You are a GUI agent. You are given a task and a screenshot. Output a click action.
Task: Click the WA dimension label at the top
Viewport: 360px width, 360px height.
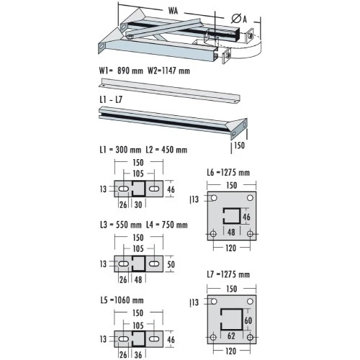[173, 11]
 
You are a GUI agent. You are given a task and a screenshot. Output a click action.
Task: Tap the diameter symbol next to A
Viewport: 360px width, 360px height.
[236, 19]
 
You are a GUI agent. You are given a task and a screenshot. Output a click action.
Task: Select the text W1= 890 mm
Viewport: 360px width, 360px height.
[121, 71]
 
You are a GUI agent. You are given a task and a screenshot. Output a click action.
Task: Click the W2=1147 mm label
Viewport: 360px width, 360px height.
[168, 71]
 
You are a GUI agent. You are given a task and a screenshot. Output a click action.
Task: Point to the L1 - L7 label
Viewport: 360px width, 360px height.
[111, 99]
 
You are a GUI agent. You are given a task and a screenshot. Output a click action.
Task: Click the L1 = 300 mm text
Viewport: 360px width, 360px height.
[120, 150]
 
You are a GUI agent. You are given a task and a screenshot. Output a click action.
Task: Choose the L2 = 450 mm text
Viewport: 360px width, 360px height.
[166, 150]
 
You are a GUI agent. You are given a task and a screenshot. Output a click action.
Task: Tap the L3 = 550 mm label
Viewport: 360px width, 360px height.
[120, 225]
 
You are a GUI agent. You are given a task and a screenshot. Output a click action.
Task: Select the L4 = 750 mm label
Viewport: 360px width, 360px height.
[167, 225]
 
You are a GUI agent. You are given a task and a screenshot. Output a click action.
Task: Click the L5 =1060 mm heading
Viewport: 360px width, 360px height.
[122, 300]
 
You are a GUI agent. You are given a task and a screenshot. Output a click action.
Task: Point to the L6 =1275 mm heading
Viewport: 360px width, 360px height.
[228, 172]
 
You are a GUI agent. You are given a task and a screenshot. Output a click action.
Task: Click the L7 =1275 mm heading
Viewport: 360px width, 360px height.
[228, 274]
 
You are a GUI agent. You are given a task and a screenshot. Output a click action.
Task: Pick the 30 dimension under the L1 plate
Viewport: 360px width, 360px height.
[138, 204]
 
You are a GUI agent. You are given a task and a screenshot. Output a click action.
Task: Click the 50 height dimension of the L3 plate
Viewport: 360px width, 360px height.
[171, 264]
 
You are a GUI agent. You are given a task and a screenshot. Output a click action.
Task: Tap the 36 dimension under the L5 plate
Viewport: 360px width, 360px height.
[138, 355]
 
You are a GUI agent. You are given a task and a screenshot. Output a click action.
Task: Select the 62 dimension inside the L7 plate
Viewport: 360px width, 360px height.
[231, 336]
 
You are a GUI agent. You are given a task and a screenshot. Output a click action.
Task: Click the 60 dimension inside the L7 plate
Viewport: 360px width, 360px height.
[248, 320]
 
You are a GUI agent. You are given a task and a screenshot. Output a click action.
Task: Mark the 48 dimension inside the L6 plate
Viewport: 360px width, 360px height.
[231, 233]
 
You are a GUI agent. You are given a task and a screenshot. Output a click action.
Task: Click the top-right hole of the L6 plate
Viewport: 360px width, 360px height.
[250, 198]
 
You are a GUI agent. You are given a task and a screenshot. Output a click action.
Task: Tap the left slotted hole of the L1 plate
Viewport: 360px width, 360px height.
[124, 189]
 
